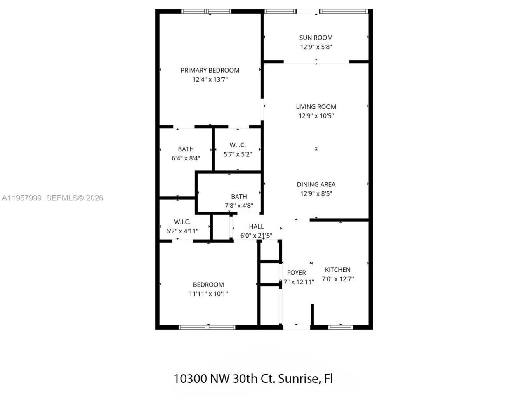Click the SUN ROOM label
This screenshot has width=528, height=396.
pos(316,38)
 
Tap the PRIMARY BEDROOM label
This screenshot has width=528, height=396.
pos(210,70)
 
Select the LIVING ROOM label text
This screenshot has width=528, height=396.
pos(316,106)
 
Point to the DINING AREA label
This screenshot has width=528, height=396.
pos(316,184)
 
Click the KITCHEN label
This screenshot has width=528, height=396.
pos(337,270)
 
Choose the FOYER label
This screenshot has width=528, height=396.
pos(297,273)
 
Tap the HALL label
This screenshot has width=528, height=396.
pos(256,226)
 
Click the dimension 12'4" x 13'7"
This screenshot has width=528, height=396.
pos(210,80)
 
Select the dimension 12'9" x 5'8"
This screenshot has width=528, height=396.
pos(316,47)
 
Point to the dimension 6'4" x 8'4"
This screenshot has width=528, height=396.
pos(186,158)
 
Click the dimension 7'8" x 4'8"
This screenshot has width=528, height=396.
pos(239,206)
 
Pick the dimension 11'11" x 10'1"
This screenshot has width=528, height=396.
pos(208,294)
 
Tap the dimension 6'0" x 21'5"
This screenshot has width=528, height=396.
pos(256,236)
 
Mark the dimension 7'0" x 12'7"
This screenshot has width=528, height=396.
pos(337,279)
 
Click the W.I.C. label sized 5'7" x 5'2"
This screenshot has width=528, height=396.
pos(238,145)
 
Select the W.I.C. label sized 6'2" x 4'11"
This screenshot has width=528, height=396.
pos(182,222)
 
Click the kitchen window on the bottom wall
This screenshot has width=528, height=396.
pos(340,328)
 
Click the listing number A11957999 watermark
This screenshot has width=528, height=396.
pos(21,198)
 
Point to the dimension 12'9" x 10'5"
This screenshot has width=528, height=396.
pos(316,116)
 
